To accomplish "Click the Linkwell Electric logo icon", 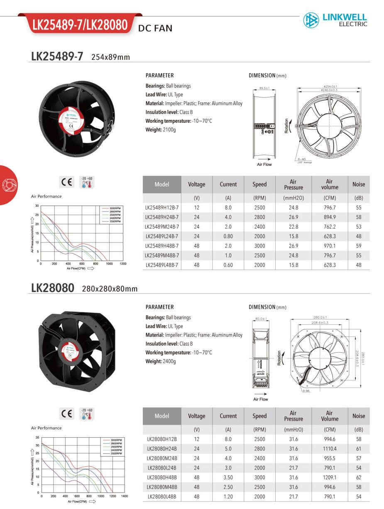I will (x=311, y=20).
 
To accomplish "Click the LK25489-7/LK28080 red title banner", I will (x=80, y=25).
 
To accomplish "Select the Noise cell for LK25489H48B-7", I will (x=358, y=246).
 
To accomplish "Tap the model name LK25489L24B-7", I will (x=162, y=236).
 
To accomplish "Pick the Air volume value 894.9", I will (x=329, y=217).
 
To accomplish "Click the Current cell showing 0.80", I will (x=228, y=236).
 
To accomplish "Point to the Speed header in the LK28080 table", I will (x=259, y=416).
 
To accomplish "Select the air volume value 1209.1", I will (x=329, y=477).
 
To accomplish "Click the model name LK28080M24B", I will (x=162, y=458).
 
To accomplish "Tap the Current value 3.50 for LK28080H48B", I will (x=228, y=477).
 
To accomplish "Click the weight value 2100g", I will (x=169, y=130).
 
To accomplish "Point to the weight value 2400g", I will (x=169, y=361).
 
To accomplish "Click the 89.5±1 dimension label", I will (x=264, y=88).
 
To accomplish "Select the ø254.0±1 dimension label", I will (x=330, y=86).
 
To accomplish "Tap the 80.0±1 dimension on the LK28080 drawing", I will (x=261, y=319).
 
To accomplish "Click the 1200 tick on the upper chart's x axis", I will (x=123, y=264).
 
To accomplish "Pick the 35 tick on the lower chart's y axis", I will (x=37, y=437).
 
